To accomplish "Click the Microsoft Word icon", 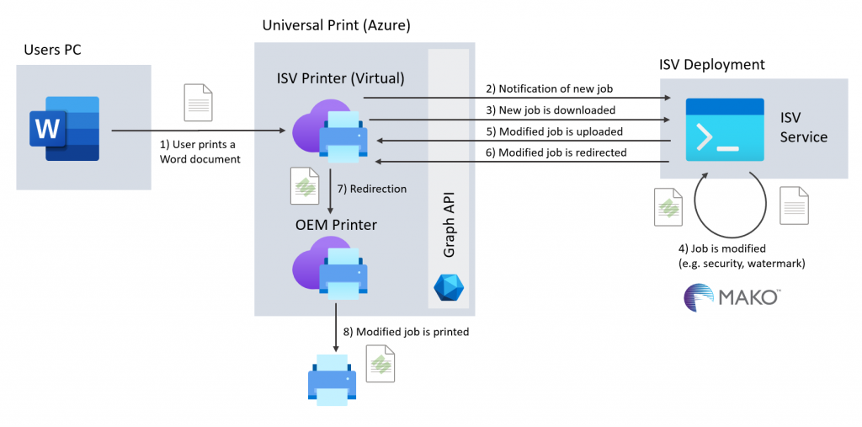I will pyautogui.click(x=65, y=128).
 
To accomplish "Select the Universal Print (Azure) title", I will pyautogui.click(x=336, y=25).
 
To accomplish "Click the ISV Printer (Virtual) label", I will pyautogui.click(x=340, y=78).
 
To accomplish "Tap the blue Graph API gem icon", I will pyautogui.click(x=448, y=288).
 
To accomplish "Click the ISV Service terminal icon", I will pyautogui.click(x=724, y=130).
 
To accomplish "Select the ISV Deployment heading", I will pyautogui.click(x=712, y=64).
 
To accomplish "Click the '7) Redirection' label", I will pyautogui.click(x=371, y=189).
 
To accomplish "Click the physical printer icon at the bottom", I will pyautogui.click(x=332, y=379).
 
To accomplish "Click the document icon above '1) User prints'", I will pyautogui.click(x=198, y=102).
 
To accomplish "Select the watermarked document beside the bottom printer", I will pyautogui.click(x=380, y=363).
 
